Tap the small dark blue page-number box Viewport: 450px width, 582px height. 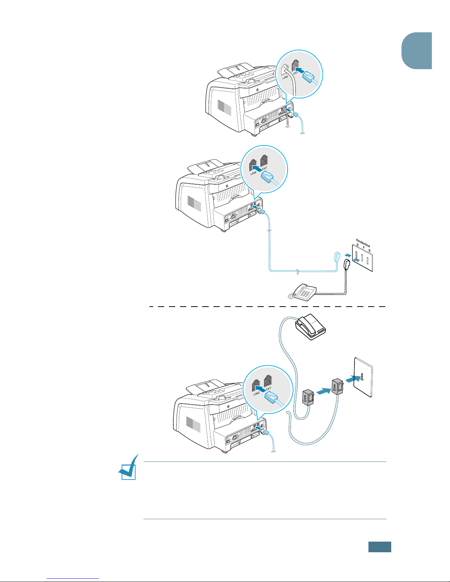pos(379,547)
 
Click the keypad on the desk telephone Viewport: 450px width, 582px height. pos(305,293)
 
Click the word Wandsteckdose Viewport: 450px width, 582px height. pos(363,243)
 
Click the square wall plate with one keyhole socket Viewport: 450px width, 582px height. pos(363,377)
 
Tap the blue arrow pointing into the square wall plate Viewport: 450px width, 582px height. pos(353,378)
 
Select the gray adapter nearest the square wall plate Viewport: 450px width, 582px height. pos(337,387)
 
